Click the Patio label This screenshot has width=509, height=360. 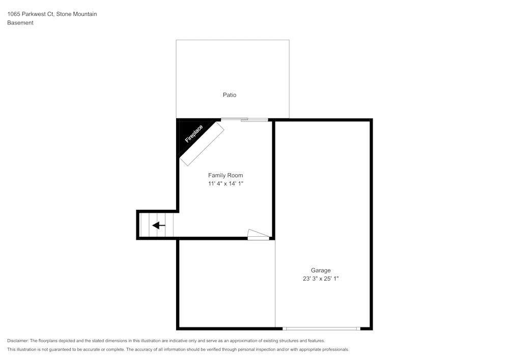point(229,95)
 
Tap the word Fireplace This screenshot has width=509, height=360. point(193,134)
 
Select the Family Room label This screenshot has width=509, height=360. point(225,175)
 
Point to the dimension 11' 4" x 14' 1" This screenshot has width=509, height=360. point(225,184)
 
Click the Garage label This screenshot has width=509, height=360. point(321,270)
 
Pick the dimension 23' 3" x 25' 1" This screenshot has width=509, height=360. point(321,279)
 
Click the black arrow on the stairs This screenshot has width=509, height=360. point(159,225)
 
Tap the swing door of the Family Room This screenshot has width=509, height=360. point(258,235)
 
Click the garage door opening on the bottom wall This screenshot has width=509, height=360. point(322,328)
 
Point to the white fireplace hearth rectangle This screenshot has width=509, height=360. point(202,144)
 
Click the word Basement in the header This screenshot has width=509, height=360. point(20,23)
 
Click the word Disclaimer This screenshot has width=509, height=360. point(18,341)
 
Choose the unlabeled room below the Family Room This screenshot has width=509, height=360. point(226,283)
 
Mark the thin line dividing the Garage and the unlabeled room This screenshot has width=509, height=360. point(275,283)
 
